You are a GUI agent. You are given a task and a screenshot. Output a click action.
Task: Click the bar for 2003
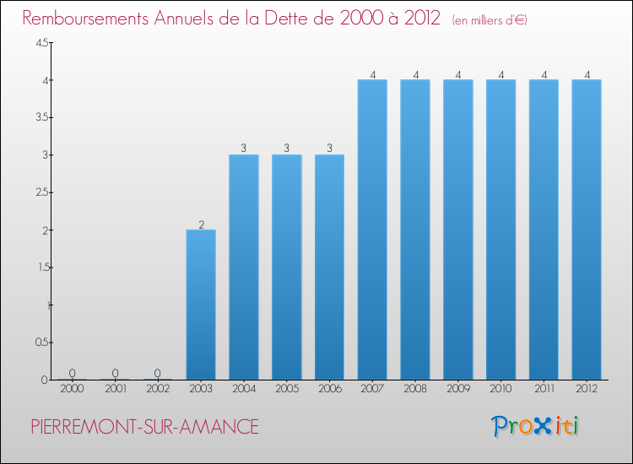tap(201, 305)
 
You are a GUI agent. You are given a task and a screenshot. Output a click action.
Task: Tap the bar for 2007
tap(372, 229)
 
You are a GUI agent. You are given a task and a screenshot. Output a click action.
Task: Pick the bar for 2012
tap(587, 229)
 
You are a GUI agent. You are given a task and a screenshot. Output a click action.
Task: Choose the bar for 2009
tap(458, 229)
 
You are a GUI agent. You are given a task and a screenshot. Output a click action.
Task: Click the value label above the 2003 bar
tap(201, 224)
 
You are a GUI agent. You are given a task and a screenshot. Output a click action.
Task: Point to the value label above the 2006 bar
tap(329, 148)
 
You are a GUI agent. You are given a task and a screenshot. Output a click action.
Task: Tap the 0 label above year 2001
tap(115, 374)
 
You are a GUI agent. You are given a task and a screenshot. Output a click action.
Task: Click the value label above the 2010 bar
tap(501, 74)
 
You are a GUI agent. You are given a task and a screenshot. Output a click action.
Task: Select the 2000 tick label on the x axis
tap(72, 389)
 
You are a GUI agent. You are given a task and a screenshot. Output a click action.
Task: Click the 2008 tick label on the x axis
tap(415, 389)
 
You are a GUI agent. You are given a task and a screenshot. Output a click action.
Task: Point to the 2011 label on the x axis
tap(544, 389)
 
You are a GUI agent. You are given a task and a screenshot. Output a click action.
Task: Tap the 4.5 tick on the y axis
tap(41, 44)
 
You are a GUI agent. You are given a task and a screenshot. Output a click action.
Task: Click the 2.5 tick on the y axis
tap(41, 193)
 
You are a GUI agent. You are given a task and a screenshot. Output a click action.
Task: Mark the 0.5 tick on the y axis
tap(41, 343)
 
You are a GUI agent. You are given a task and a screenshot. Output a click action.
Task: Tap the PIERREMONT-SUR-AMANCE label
tap(145, 428)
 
